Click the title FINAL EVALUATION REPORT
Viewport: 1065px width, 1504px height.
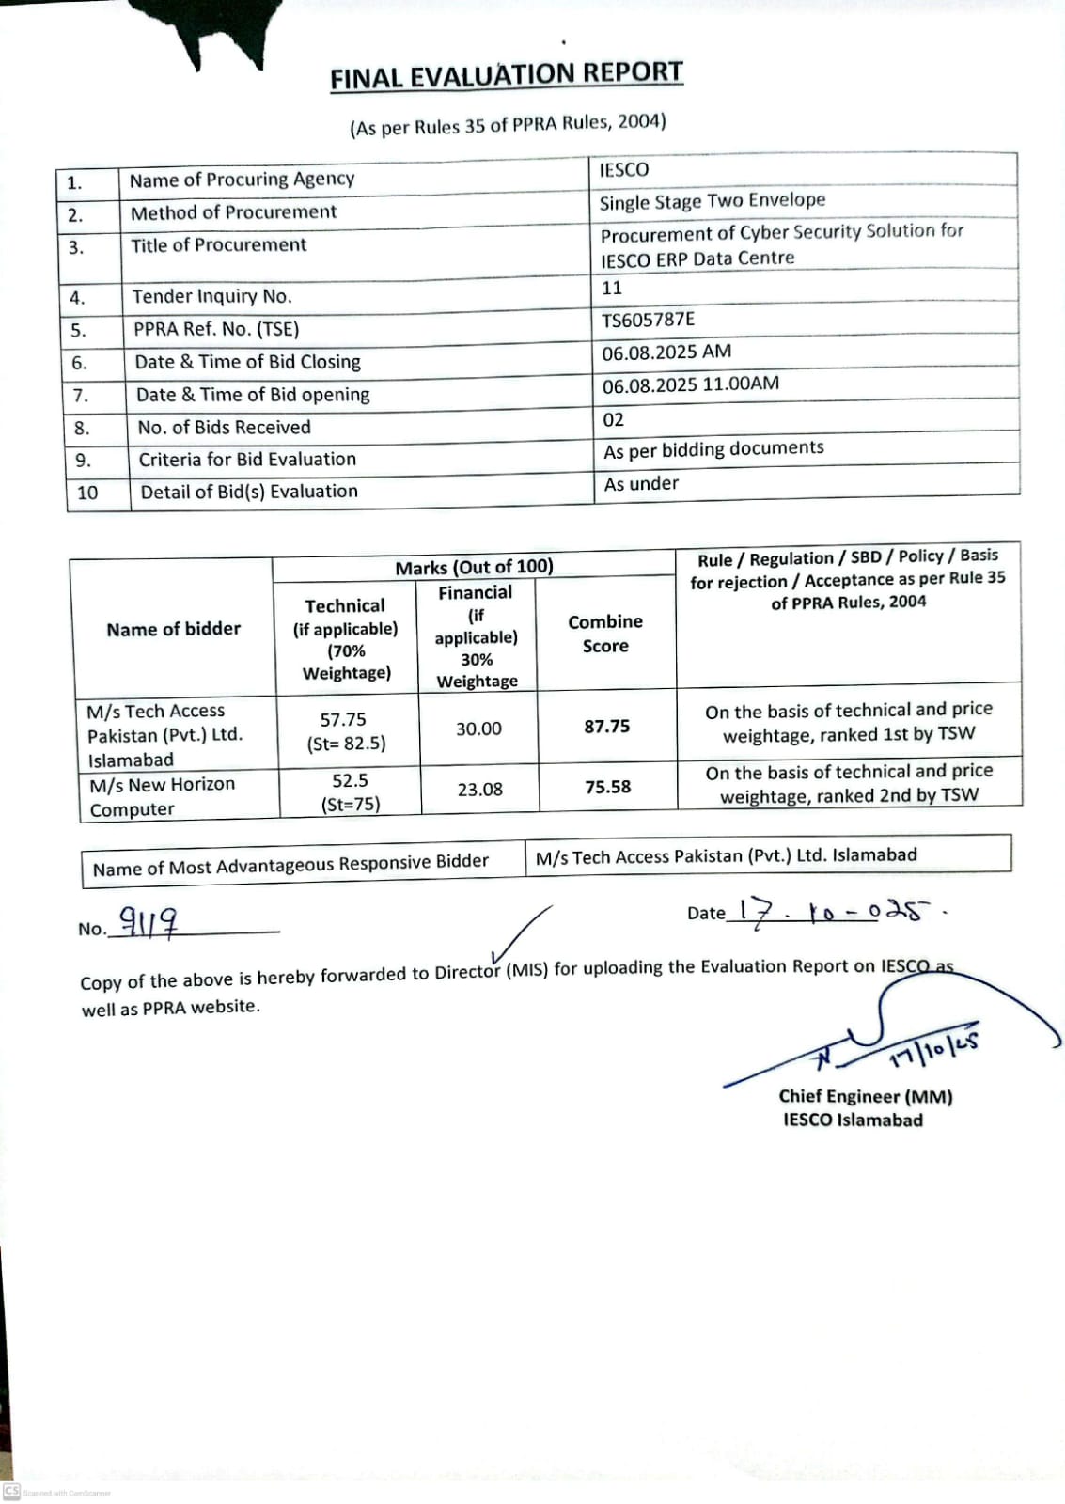click(x=506, y=75)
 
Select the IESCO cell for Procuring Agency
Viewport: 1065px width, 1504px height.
click(x=624, y=170)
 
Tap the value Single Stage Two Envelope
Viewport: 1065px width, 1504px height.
click(x=713, y=201)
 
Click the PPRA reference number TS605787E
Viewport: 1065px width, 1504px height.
click(x=649, y=320)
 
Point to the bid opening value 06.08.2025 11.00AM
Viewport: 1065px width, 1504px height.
click(x=691, y=384)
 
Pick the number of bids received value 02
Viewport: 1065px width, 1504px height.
click(x=613, y=419)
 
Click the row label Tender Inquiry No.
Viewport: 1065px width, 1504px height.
click(x=212, y=297)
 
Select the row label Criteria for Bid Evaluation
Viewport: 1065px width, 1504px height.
click(x=247, y=460)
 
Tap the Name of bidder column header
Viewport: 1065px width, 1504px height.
click(x=174, y=629)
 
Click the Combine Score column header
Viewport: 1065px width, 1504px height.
click(x=605, y=634)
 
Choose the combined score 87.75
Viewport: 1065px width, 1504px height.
click(x=607, y=727)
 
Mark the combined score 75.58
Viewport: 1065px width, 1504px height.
click(x=608, y=787)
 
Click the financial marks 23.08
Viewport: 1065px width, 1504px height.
click(x=479, y=790)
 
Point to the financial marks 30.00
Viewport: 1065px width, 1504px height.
click(x=478, y=728)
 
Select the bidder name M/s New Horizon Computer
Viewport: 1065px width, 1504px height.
click(x=162, y=796)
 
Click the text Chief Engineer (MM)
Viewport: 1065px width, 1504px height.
click(x=865, y=1096)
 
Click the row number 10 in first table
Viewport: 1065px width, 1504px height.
click(x=87, y=493)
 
